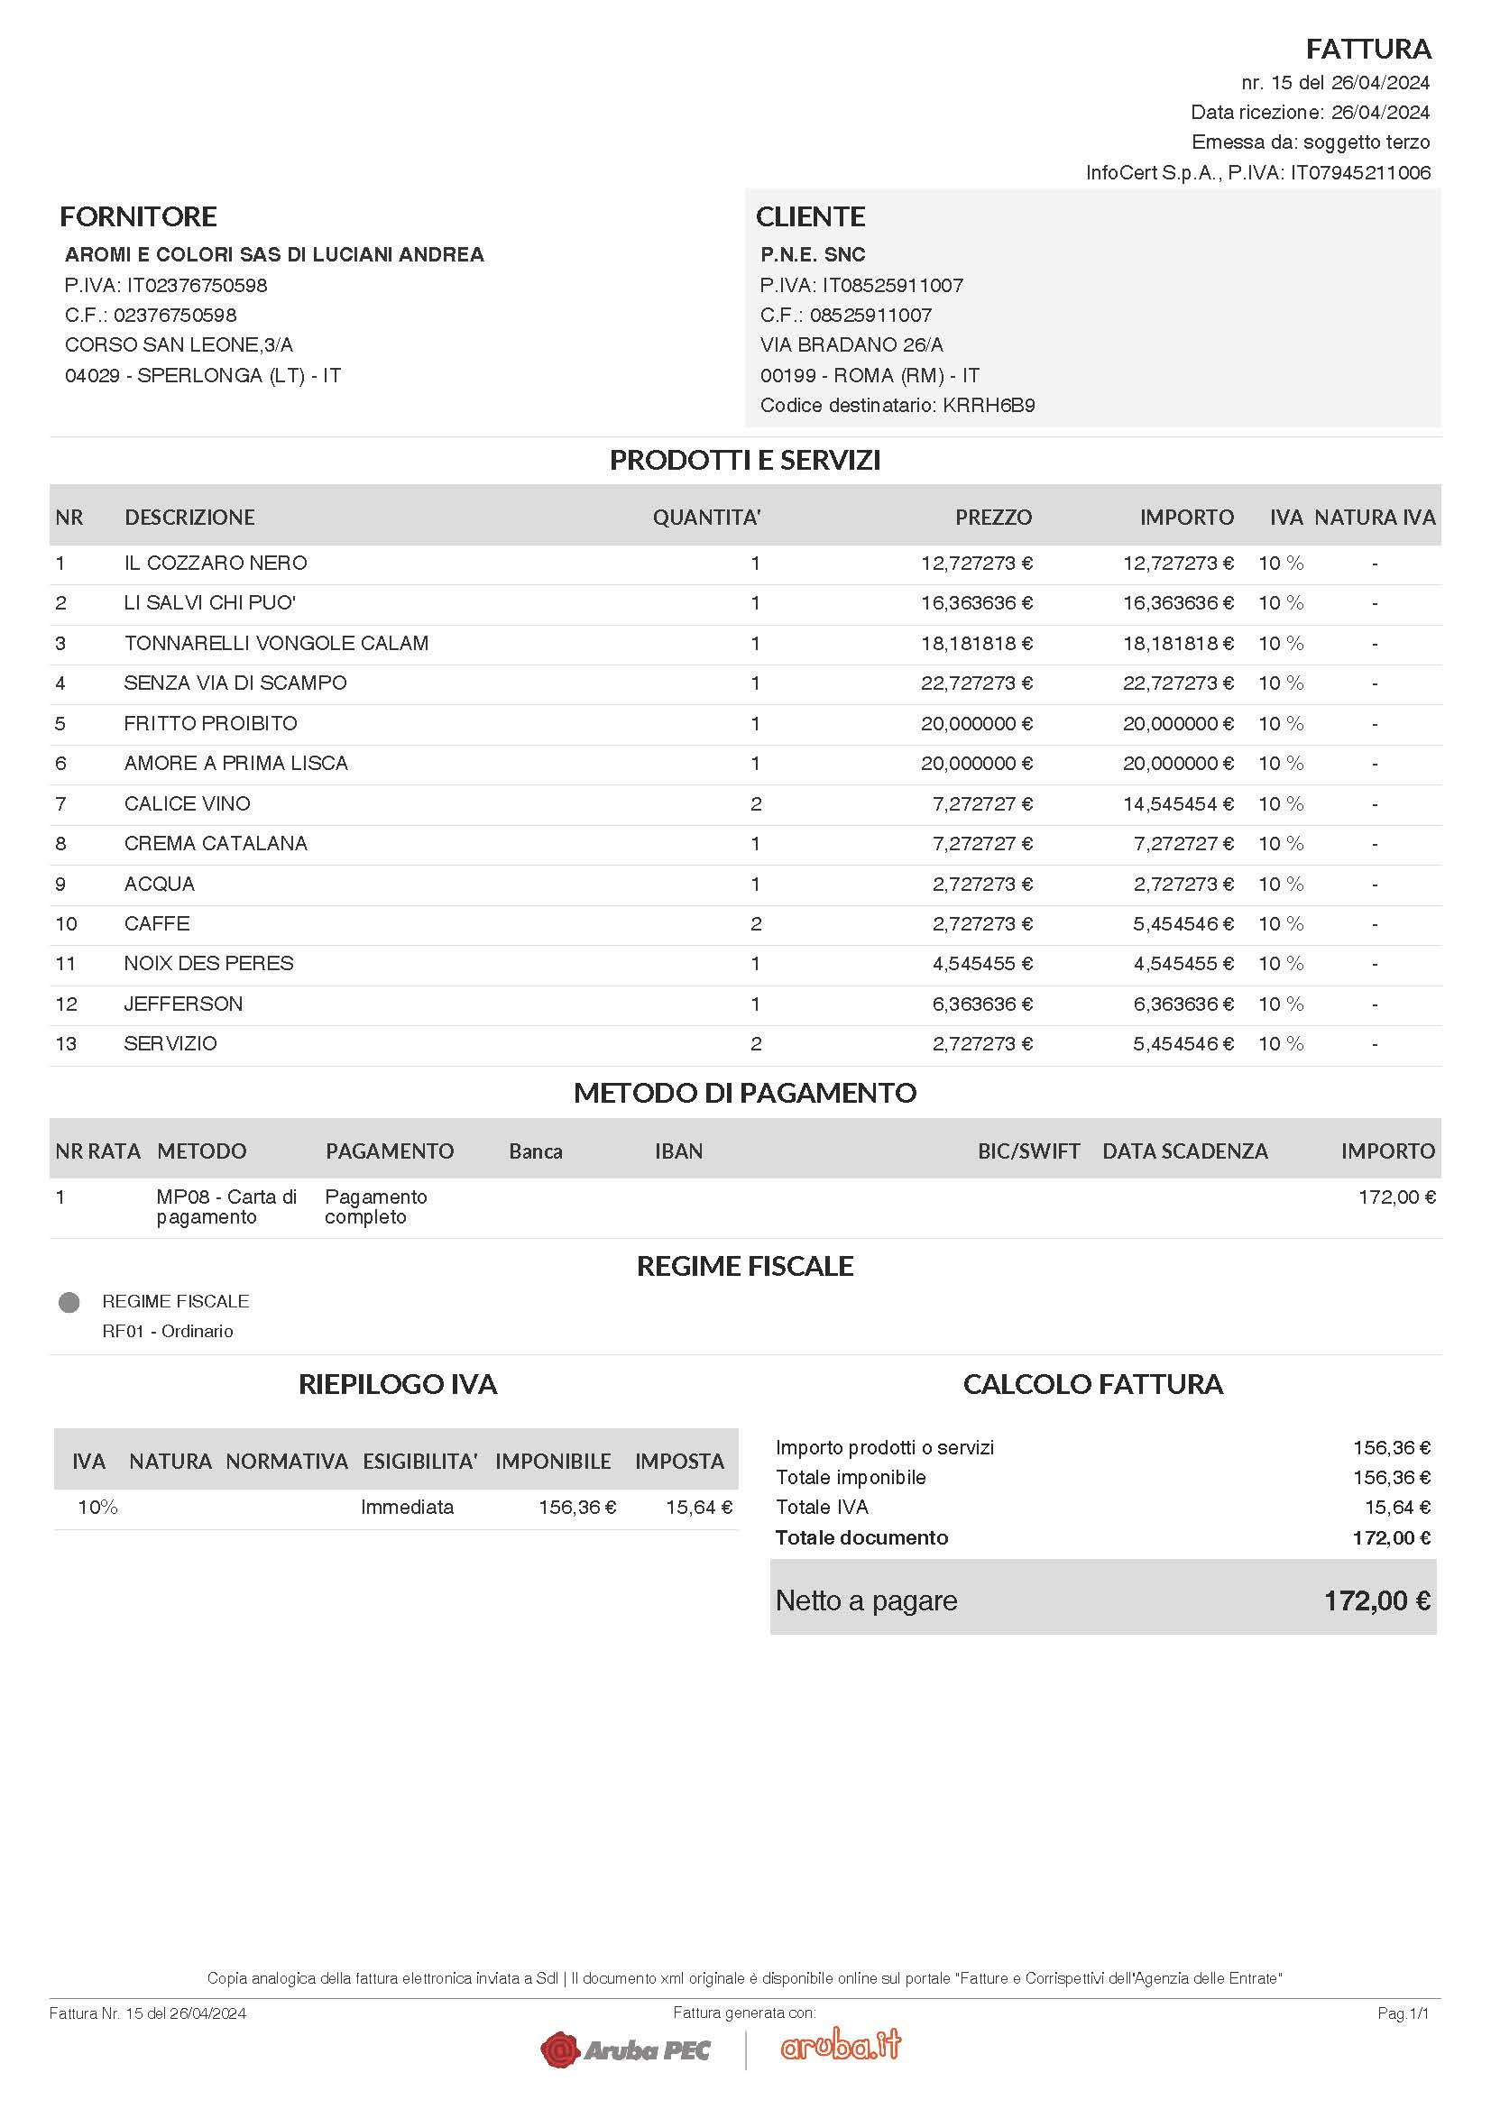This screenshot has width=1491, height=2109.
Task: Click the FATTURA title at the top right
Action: (1368, 48)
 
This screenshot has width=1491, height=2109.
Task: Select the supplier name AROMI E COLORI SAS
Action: (274, 254)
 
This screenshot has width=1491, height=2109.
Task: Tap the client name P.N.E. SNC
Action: (812, 254)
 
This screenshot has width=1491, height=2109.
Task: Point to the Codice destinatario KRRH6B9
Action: (897, 405)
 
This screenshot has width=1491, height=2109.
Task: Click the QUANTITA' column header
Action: (705, 518)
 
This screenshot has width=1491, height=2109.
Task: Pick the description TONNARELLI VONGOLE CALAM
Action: (276, 643)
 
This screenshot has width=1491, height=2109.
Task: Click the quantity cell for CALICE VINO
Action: (755, 803)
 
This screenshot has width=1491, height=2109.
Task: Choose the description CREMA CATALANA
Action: (215, 843)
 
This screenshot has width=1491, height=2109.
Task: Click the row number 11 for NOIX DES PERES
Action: (66, 964)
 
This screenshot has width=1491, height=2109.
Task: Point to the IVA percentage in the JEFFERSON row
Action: (1280, 1004)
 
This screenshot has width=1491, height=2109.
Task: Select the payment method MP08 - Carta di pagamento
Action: (226, 1206)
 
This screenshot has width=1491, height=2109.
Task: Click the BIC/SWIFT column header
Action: (1028, 1151)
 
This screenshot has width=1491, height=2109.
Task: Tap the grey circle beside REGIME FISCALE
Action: (69, 1302)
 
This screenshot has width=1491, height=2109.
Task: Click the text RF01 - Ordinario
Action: (167, 1331)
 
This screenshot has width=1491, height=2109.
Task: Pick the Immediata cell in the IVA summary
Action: (407, 1507)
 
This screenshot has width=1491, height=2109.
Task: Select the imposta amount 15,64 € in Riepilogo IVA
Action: (698, 1507)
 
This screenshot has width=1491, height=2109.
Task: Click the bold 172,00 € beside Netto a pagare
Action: (1376, 1600)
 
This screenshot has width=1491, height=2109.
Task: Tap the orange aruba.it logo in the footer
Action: (841, 2045)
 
